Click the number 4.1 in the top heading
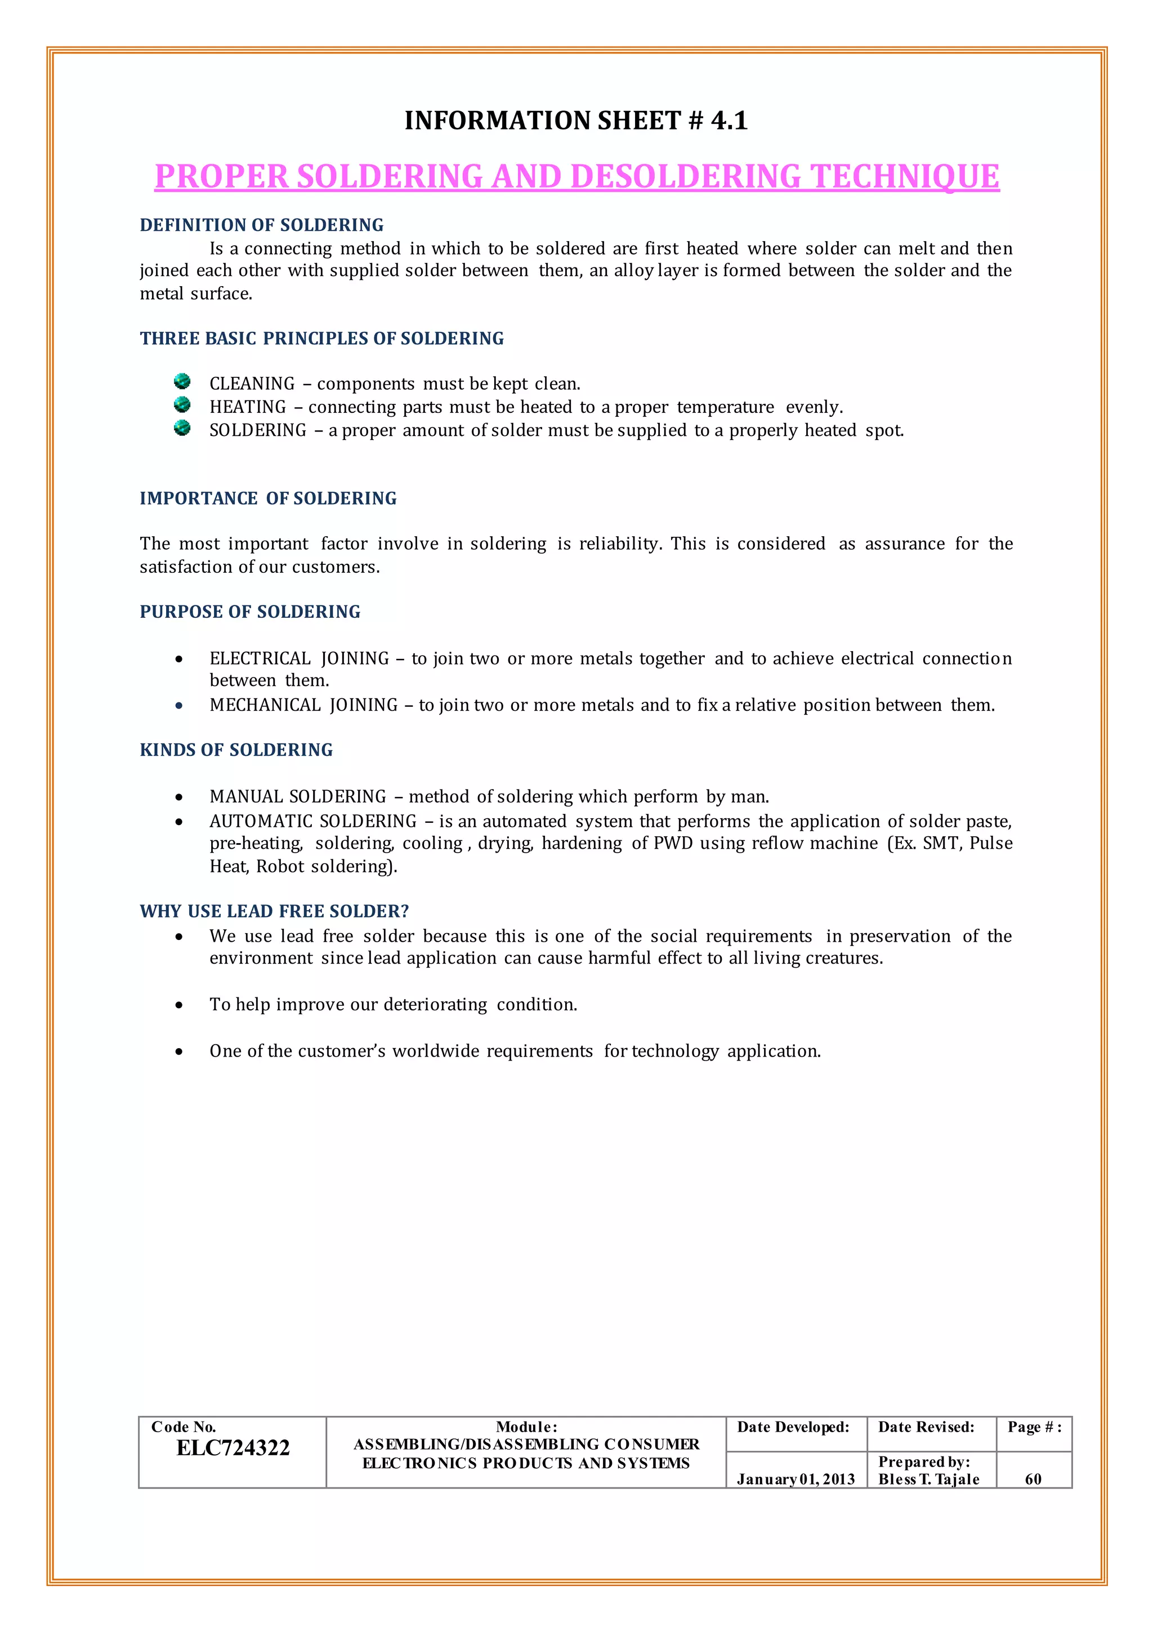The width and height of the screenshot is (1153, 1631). point(729,121)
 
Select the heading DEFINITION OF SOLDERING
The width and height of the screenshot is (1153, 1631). point(261,225)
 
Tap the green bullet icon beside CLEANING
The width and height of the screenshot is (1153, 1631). point(182,381)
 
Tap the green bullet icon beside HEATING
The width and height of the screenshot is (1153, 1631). point(182,405)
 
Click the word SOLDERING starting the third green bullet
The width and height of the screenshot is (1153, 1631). point(258,430)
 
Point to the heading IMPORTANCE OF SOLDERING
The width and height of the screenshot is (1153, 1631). point(267,498)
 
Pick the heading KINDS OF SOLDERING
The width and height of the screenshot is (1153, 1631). point(236,750)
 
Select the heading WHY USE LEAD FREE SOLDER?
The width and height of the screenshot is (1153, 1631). point(274,911)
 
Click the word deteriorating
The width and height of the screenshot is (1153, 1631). point(435,1005)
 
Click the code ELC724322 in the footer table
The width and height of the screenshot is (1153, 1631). point(233,1448)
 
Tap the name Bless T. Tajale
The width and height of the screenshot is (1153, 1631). point(928,1479)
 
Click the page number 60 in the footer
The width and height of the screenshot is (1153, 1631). point(1033,1479)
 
